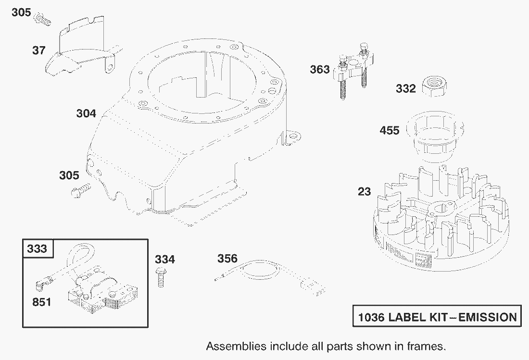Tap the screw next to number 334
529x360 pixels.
click(161, 277)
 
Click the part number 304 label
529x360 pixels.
click(86, 113)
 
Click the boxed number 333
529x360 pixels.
click(37, 249)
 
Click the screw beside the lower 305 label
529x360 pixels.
click(81, 190)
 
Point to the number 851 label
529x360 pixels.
click(42, 302)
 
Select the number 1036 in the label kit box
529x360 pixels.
click(371, 317)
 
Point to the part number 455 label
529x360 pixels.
click(390, 130)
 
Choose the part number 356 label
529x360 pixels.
click(227, 259)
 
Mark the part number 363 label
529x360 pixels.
click(320, 69)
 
